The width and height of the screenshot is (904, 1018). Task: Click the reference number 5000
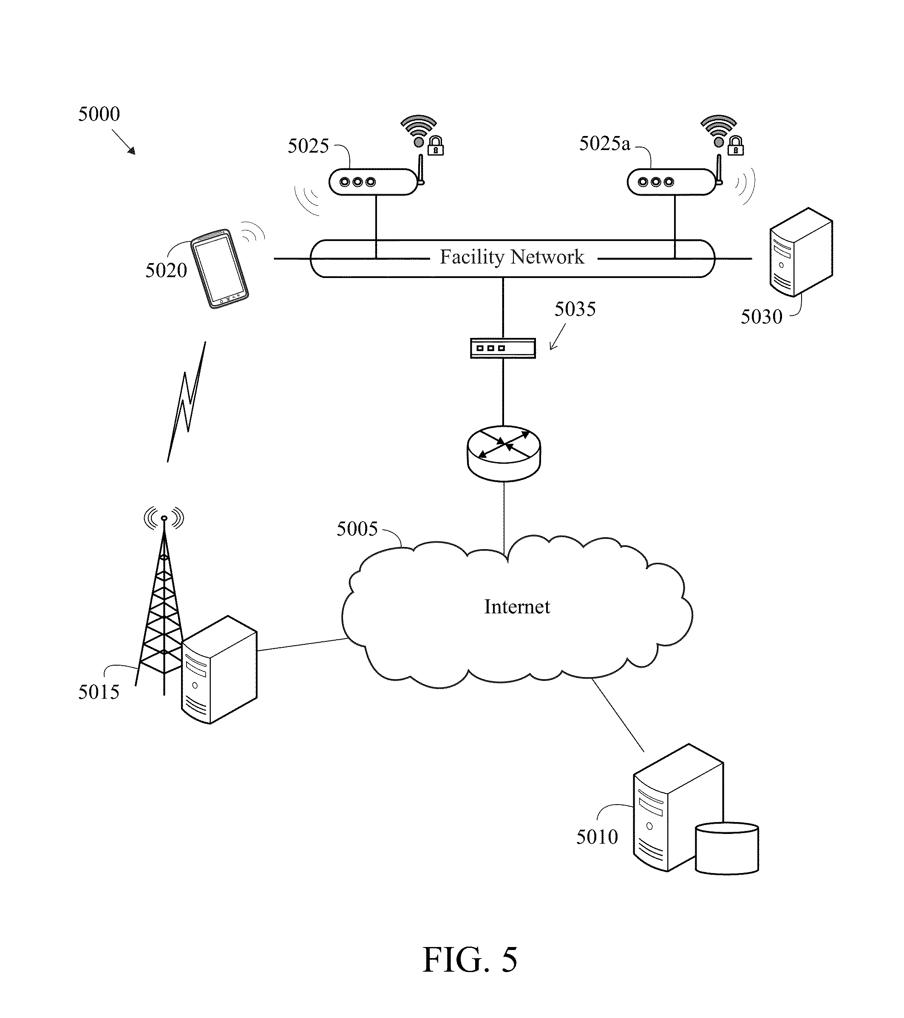tap(99, 114)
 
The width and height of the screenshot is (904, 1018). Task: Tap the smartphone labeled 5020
tap(220, 269)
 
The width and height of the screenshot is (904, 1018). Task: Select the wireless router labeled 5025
tap(373, 182)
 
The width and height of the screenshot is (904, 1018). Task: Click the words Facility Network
tap(512, 257)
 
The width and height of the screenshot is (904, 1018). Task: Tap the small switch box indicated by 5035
tap(503, 348)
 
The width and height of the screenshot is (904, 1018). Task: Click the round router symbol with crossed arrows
tap(504, 453)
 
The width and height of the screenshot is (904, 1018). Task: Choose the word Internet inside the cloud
tap(517, 607)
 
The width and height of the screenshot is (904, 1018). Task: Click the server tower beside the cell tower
tap(219, 670)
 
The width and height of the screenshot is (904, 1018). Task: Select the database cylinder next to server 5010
tap(727, 848)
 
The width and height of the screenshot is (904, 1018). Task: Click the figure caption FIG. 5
tap(470, 960)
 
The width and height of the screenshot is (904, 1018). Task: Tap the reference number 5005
tap(357, 529)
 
